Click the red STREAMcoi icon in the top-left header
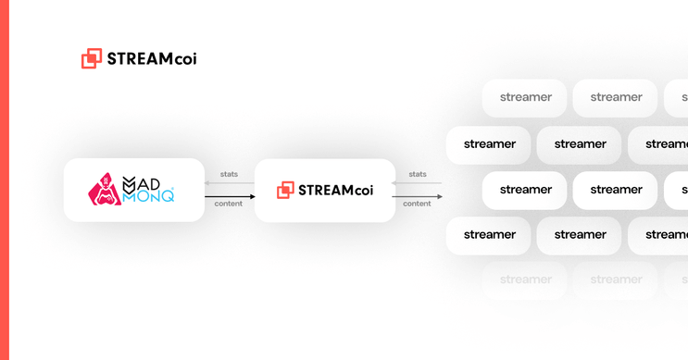[91, 58]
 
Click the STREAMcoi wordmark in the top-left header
[152, 58]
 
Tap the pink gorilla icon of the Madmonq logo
[105, 190]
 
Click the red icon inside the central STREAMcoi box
[285, 190]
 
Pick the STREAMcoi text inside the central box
[335, 191]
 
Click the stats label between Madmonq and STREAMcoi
[229, 174]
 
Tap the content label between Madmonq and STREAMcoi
[229, 204]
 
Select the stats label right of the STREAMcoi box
[418, 174]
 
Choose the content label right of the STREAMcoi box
[417, 204]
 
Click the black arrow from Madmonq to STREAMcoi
[230, 196]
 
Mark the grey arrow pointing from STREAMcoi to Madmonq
[230, 183]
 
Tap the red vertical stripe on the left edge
[4, 180]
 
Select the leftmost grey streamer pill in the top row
[525, 97]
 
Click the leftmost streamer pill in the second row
[489, 144]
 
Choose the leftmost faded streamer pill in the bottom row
[525, 279]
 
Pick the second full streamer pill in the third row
[616, 190]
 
